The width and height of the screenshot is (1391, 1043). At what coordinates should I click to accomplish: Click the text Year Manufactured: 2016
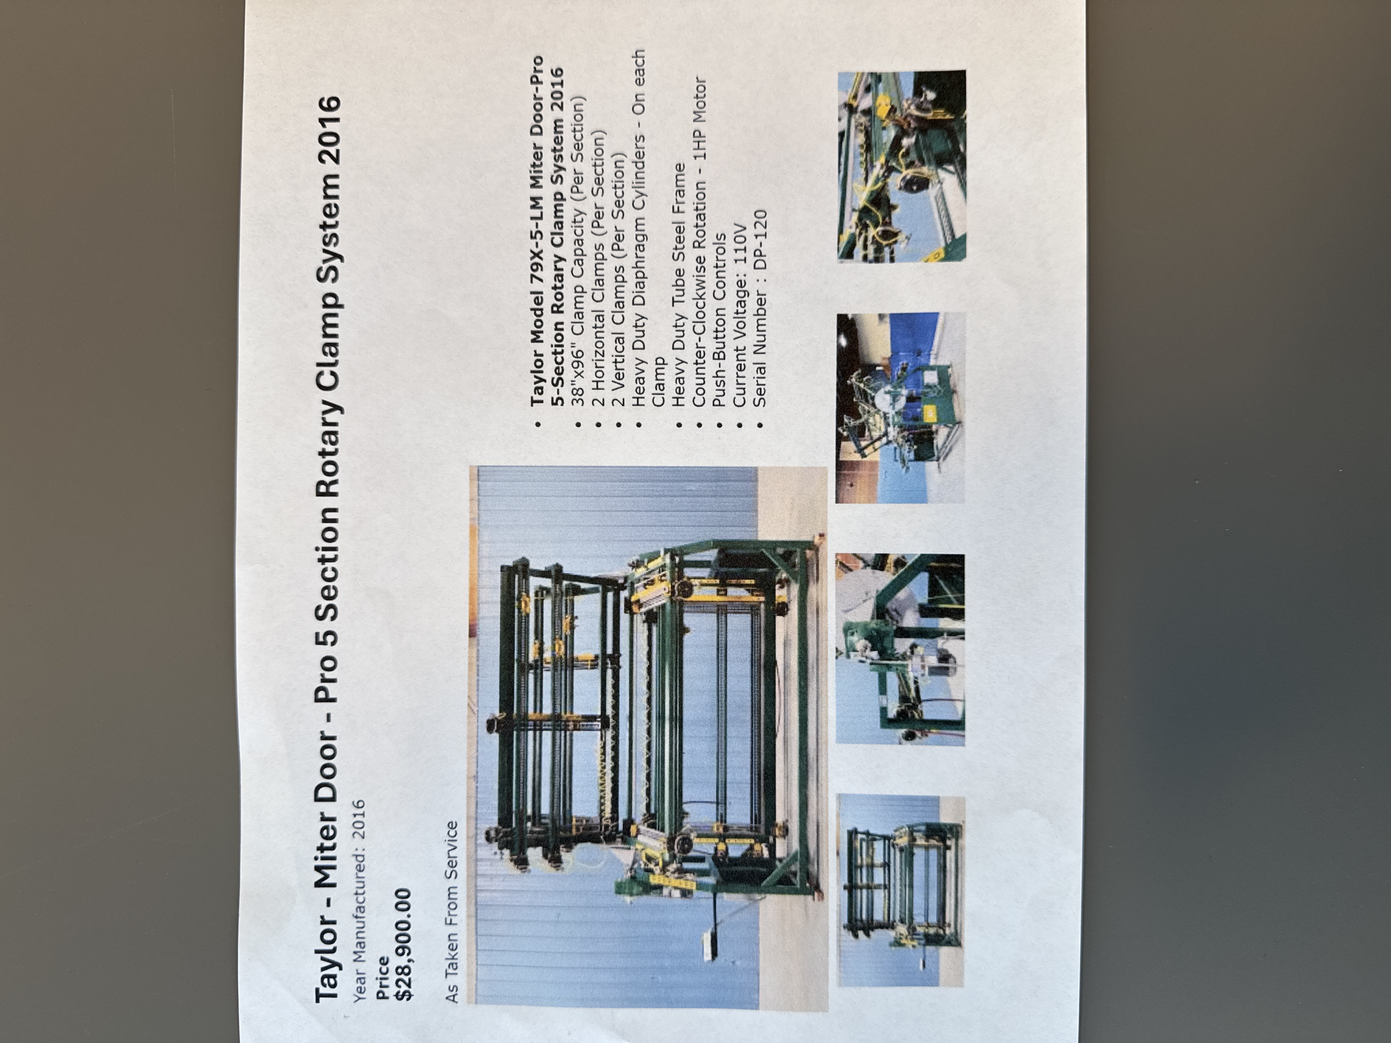pyautogui.click(x=359, y=900)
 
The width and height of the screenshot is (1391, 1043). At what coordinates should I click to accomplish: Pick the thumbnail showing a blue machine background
pyautogui.click(x=900, y=408)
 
